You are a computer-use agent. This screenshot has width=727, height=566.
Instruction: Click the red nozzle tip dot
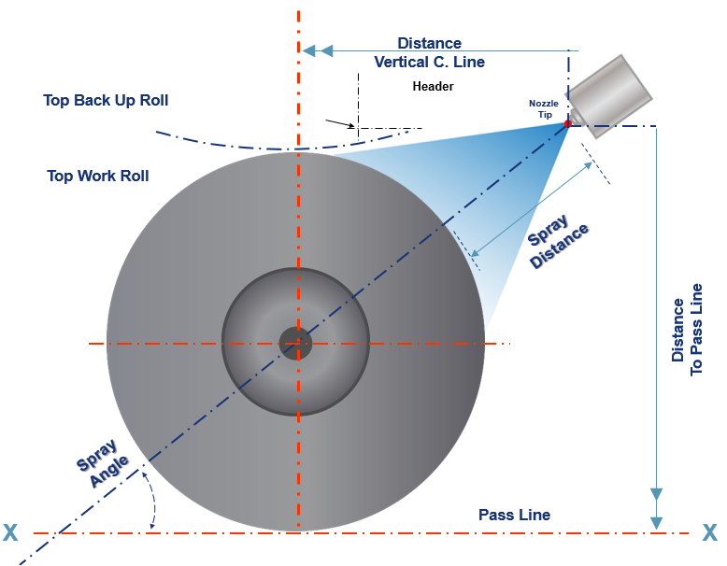[x=567, y=122]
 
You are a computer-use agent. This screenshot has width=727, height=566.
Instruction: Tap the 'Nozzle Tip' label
[x=543, y=108]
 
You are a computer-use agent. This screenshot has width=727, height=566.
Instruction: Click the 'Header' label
[x=433, y=87]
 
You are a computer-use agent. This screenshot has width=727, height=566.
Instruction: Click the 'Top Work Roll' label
[x=97, y=176]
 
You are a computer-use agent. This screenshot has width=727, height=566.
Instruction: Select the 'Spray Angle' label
[x=103, y=461]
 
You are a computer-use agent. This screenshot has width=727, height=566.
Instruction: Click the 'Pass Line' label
[x=514, y=515]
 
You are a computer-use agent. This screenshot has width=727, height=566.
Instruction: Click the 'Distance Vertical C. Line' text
[x=429, y=52]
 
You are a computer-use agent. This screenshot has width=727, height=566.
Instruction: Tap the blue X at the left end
[x=10, y=533]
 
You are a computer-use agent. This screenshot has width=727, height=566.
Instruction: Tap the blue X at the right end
[x=710, y=533]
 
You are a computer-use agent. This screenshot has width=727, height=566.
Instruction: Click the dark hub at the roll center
[x=294, y=342]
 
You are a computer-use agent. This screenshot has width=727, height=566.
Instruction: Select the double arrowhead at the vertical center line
[x=318, y=50]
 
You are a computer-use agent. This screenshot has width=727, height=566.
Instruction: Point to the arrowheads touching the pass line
[x=657, y=509]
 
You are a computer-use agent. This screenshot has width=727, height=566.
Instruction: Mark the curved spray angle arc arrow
[x=151, y=501]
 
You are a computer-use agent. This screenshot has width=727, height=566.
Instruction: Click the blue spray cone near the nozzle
[x=533, y=154]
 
